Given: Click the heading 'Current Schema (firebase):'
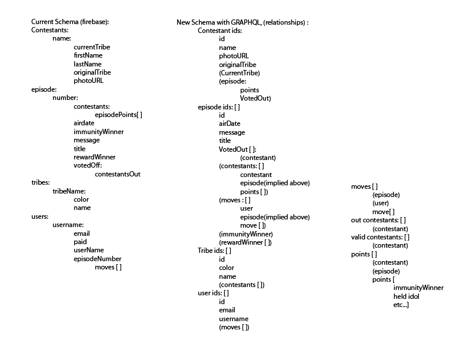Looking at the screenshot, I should (x=70, y=22).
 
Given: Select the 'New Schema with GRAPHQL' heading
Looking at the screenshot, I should (x=242, y=22).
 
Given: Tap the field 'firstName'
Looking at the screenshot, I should (x=88, y=55).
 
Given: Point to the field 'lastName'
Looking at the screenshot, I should (x=87, y=64).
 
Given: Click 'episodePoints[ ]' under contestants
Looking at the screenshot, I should (x=118, y=115).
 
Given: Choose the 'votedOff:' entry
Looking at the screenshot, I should (x=88, y=165).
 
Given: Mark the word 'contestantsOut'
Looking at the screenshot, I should (x=117, y=174).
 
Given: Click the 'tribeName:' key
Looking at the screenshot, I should (x=69, y=191).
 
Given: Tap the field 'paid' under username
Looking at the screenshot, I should (x=80, y=242).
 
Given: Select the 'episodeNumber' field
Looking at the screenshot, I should (x=98, y=259).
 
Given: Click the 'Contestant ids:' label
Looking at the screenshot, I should (x=219, y=30).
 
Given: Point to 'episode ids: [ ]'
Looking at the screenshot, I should (x=219, y=106).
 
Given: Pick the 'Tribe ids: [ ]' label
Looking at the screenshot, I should (x=215, y=251).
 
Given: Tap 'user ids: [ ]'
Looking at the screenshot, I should (x=213, y=293).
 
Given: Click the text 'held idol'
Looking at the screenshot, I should (x=406, y=296).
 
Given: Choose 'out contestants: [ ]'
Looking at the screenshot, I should (x=379, y=220).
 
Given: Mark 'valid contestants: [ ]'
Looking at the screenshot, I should (x=380, y=237).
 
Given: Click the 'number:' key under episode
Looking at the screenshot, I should (x=65, y=98).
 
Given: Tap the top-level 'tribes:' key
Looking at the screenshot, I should (x=41, y=182).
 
